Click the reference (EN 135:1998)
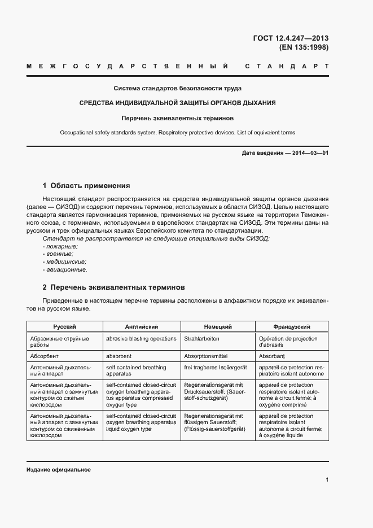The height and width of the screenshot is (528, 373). [x=304, y=47]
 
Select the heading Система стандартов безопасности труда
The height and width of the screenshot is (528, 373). [x=177, y=89]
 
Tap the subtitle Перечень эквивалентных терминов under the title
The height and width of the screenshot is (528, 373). [x=177, y=118]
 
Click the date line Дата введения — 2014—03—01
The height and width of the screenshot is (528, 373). [x=285, y=153]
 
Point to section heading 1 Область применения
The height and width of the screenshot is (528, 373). [x=86, y=185]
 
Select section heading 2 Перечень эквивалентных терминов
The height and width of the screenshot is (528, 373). [x=113, y=287]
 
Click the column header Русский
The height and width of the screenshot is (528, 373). [x=65, y=327]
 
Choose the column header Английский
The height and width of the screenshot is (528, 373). [x=141, y=327]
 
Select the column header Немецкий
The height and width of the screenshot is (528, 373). [x=218, y=327]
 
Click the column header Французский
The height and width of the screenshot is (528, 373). [x=292, y=327]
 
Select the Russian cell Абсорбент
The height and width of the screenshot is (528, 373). [x=45, y=357]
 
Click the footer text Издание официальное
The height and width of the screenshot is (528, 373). [x=59, y=470]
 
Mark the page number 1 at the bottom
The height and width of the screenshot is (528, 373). [x=327, y=479]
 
